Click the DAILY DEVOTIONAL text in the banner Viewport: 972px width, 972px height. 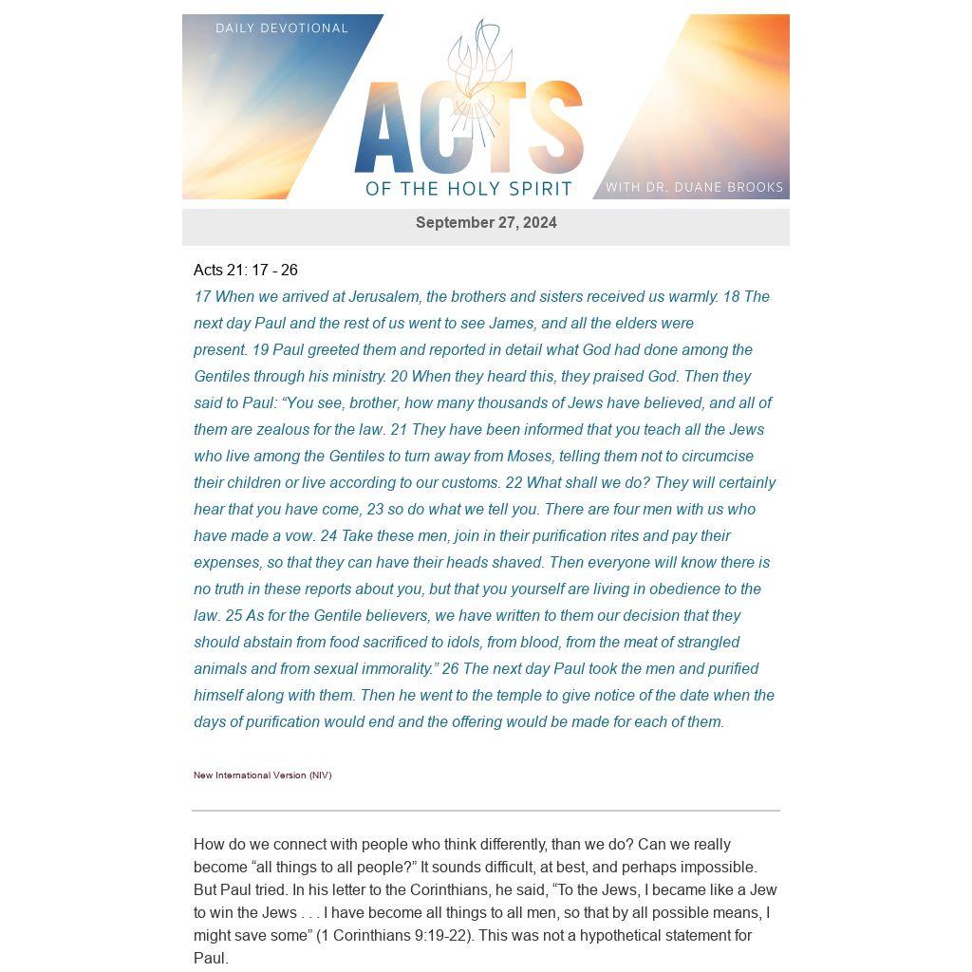pyautogui.click(x=282, y=28)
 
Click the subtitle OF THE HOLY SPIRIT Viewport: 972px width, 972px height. pyautogui.click(x=469, y=188)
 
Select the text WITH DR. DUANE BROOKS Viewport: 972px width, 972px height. pyautogui.click(x=694, y=187)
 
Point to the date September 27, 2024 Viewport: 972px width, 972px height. pyautogui.click(x=486, y=223)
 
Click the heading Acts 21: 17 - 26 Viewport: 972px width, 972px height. pyautogui.click(x=246, y=271)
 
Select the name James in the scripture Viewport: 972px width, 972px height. pyautogui.click(x=511, y=324)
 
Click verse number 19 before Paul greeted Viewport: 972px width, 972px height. pyautogui.click(x=260, y=350)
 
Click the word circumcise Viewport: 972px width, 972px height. pyautogui.click(x=718, y=457)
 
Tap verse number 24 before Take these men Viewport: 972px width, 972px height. pyautogui.click(x=328, y=536)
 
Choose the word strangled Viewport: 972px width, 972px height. pyautogui.click(x=705, y=643)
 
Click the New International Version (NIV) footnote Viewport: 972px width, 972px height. pyautogui.click(x=263, y=776)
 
